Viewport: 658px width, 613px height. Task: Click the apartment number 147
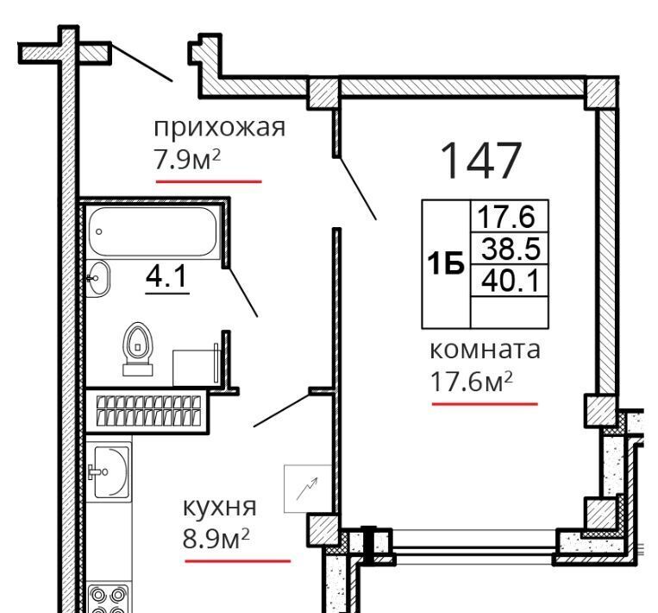[x=481, y=161]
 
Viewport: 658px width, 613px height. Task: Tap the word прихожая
[x=219, y=127]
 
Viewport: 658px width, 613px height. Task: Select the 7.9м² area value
[x=188, y=160]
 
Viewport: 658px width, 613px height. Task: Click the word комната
[x=486, y=350]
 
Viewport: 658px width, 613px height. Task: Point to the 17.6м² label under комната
[x=472, y=382]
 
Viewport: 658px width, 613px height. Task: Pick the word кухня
[x=219, y=508]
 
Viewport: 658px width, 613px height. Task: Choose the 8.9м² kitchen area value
[x=216, y=538]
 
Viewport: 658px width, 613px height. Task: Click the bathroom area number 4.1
[x=166, y=277]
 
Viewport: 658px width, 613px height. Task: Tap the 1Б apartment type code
[x=445, y=264]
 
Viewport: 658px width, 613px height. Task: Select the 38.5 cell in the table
[x=510, y=248]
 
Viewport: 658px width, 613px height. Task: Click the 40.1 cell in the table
[x=510, y=281]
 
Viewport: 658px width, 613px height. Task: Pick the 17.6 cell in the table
[x=510, y=216]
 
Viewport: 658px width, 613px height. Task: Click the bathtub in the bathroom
[x=153, y=231]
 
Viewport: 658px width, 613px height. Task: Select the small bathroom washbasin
[x=97, y=278]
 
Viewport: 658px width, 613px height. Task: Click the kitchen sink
[x=109, y=472]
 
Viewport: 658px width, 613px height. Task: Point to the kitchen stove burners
[x=109, y=597]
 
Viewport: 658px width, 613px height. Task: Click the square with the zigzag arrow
[x=308, y=489]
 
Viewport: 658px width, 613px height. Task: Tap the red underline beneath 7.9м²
[x=209, y=181]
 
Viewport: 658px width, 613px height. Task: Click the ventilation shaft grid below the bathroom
[x=148, y=410]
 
